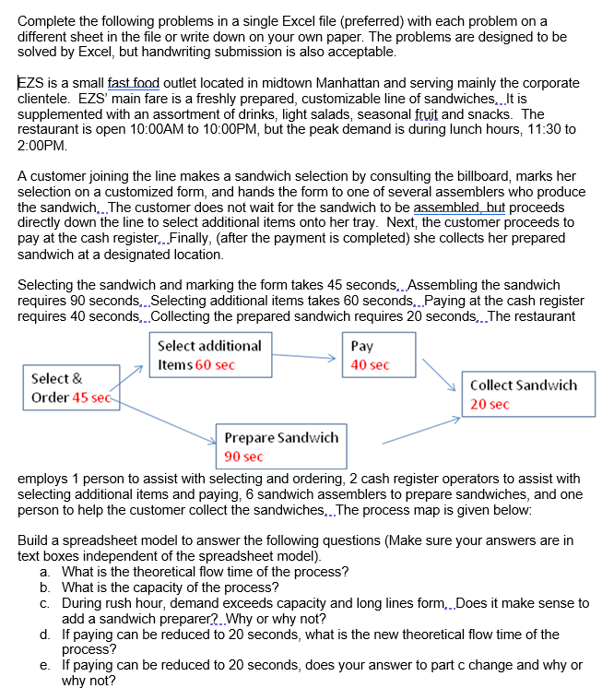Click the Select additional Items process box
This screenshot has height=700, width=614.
[208, 355]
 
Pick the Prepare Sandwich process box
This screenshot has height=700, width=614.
[280, 446]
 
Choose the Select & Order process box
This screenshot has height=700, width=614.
[68, 387]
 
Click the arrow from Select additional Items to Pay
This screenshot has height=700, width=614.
[306, 357]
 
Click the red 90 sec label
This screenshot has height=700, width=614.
[243, 457]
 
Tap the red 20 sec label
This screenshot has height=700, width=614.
[489, 404]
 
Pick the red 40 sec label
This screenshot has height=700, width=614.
[371, 365]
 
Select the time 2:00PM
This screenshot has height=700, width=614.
[42, 146]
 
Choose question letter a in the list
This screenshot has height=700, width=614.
[45, 572]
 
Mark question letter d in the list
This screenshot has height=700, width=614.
[45, 635]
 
